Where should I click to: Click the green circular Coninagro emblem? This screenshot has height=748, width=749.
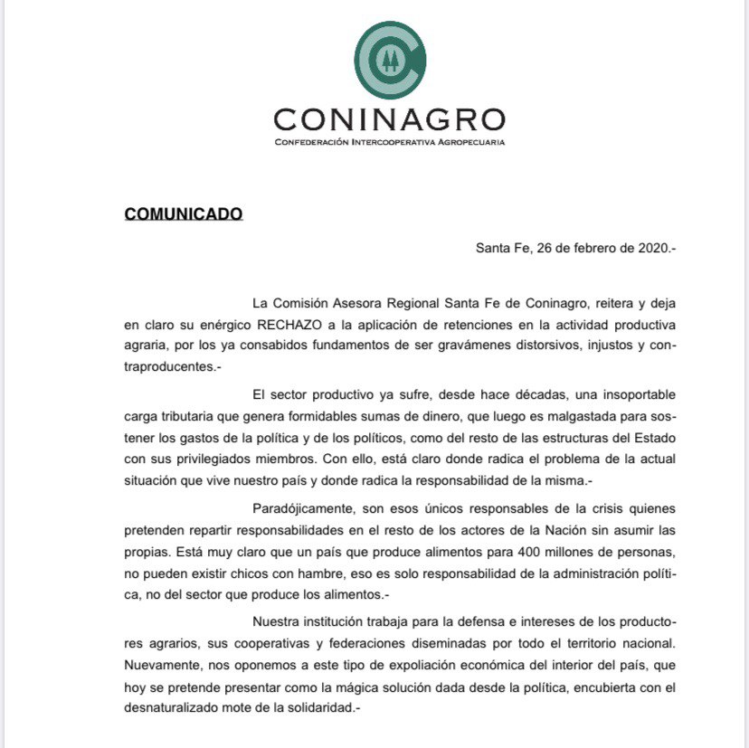point(389,61)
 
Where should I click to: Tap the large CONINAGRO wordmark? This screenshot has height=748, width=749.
point(389,119)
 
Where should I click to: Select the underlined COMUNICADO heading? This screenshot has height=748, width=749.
point(184,214)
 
